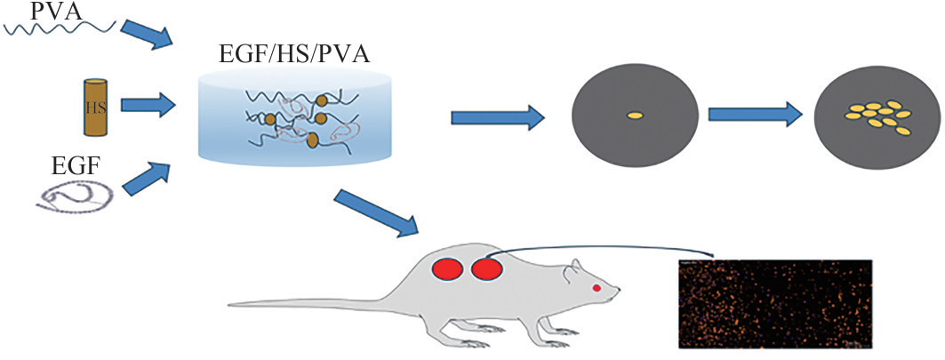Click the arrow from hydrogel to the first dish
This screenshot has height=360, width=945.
pyautogui.click(x=497, y=116)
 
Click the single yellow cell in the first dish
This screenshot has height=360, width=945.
pyautogui.click(x=635, y=115)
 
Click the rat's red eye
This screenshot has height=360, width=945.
pyautogui.click(x=597, y=287)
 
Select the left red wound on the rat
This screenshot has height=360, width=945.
pyautogui.click(x=447, y=268)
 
